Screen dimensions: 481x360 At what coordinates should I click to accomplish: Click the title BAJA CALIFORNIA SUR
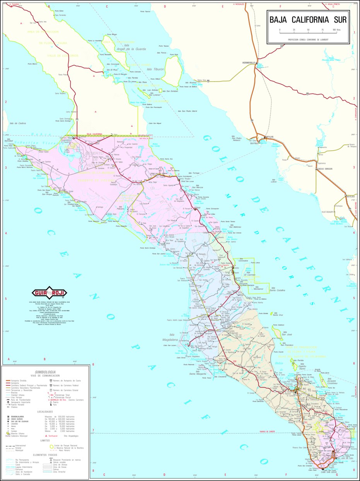coord(308,20)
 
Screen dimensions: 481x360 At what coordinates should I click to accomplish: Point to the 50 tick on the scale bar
coord(308,30)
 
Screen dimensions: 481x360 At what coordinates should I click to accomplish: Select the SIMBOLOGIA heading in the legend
coord(45,371)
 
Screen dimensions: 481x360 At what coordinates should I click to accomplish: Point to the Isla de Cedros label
coord(18,123)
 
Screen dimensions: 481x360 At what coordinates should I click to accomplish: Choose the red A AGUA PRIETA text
coord(335,4)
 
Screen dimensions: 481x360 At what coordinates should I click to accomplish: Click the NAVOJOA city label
coord(350,196)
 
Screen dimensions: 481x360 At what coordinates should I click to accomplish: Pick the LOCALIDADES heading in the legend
coord(45,411)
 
